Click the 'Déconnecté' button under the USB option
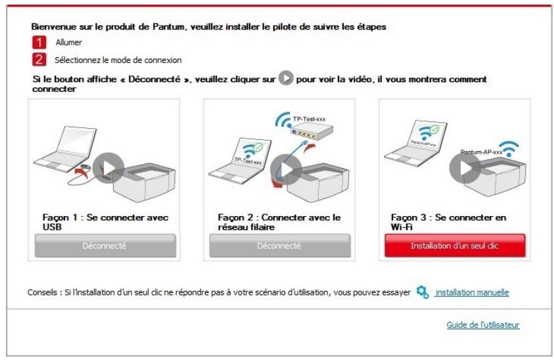pyautogui.click(x=104, y=245)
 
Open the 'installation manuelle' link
pyautogui.click(x=472, y=292)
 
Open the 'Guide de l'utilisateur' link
pyautogui.click(x=483, y=325)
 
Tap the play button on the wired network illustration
pyautogui.click(x=286, y=169)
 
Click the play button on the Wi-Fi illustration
pyautogui.click(x=465, y=168)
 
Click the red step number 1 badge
pyautogui.click(x=39, y=43)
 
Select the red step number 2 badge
pyautogui.click(x=39, y=60)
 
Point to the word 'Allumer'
pyautogui.click(x=68, y=43)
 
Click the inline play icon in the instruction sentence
pyautogui.click(x=285, y=79)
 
